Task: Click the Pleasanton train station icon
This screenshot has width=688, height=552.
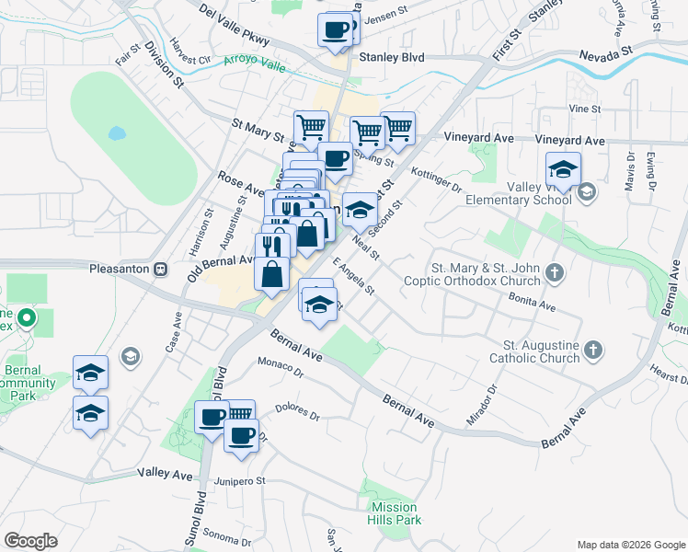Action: click(161, 269)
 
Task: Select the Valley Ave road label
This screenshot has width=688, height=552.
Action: click(166, 474)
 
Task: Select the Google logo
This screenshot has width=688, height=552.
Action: click(30, 541)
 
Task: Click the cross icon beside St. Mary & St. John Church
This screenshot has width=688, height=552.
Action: click(553, 272)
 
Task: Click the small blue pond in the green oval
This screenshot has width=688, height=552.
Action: click(117, 133)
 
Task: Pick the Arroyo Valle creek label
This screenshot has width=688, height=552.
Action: click(255, 63)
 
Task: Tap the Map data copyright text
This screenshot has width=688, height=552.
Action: click(630, 544)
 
